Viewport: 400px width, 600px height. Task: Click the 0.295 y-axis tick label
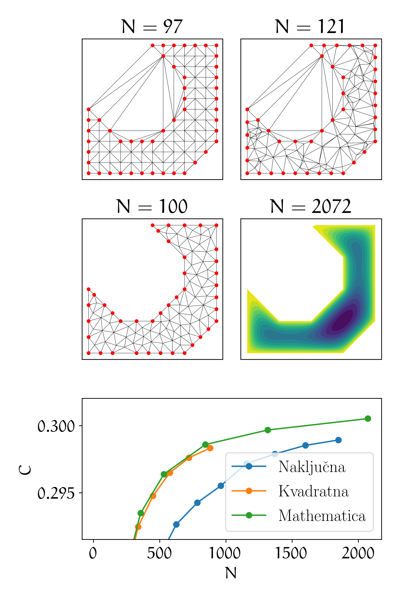[x=56, y=493]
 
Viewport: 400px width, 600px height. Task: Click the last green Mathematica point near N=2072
[x=368, y=419]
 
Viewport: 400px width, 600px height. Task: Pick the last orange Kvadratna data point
[x=210, y=448]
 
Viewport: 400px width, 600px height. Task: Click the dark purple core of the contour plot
[x=343, y=320]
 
